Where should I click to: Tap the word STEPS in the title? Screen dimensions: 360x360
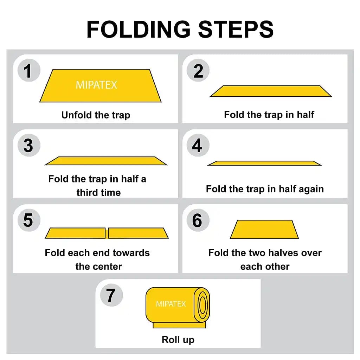tap(236, 29)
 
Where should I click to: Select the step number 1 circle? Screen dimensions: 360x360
tap(28, 71)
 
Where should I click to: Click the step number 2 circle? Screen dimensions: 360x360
tap(198, 71)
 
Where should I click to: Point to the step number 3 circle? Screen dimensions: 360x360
tap(28, 146)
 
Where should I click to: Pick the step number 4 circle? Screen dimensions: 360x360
tap(197, 146)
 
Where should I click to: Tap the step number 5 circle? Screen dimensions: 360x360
tap(28, 220)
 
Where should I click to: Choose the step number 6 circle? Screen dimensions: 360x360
tap(197, 220)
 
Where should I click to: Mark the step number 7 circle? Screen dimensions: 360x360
tap(111, 295)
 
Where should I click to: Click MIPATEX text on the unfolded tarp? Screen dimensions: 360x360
tap(96, 85)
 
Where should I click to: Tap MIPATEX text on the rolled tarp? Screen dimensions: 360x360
tap(171, 304)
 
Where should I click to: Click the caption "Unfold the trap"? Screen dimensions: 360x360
tap(96, 115)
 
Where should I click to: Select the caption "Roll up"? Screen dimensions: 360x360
tap(178, 340)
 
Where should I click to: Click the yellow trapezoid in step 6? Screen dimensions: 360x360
tap(264, 230)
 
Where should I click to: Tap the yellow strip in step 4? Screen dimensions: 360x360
tap(264, 163)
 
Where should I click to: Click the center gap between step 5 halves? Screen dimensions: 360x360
tap(107, 233)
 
